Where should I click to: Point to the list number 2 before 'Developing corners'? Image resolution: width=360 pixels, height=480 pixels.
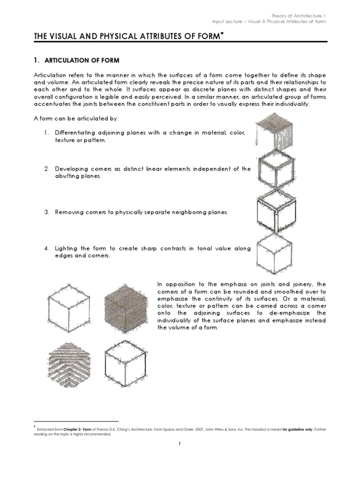(x=47, y=169)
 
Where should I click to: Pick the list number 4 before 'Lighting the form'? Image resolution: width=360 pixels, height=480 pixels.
(x=47, y=248)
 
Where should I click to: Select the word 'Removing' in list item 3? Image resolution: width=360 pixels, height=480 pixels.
(x=69, y=212)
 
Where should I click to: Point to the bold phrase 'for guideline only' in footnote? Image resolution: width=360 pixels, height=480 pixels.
(x=300, y=429)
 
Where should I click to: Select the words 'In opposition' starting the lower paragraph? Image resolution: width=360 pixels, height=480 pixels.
(x=174, y=284)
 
